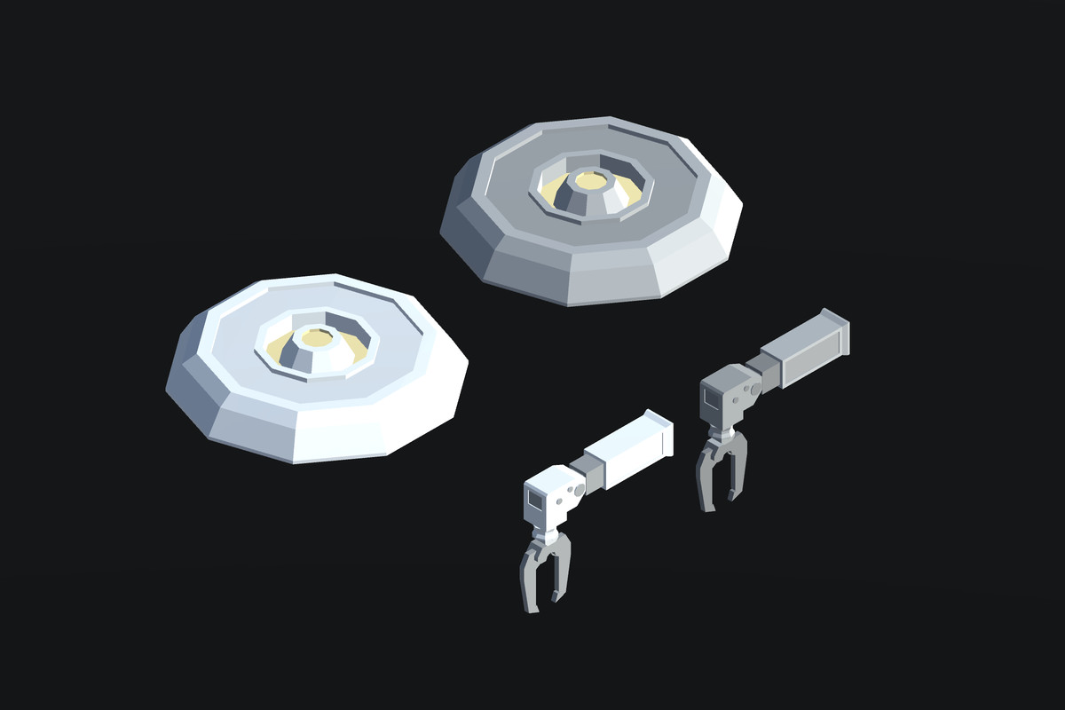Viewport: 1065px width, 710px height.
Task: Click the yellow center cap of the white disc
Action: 314,337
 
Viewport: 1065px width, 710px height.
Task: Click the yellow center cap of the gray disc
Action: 588,180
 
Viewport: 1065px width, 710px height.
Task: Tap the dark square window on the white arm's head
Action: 535,500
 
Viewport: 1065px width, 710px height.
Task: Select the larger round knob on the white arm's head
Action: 580,490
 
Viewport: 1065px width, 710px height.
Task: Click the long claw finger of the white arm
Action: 529,587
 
